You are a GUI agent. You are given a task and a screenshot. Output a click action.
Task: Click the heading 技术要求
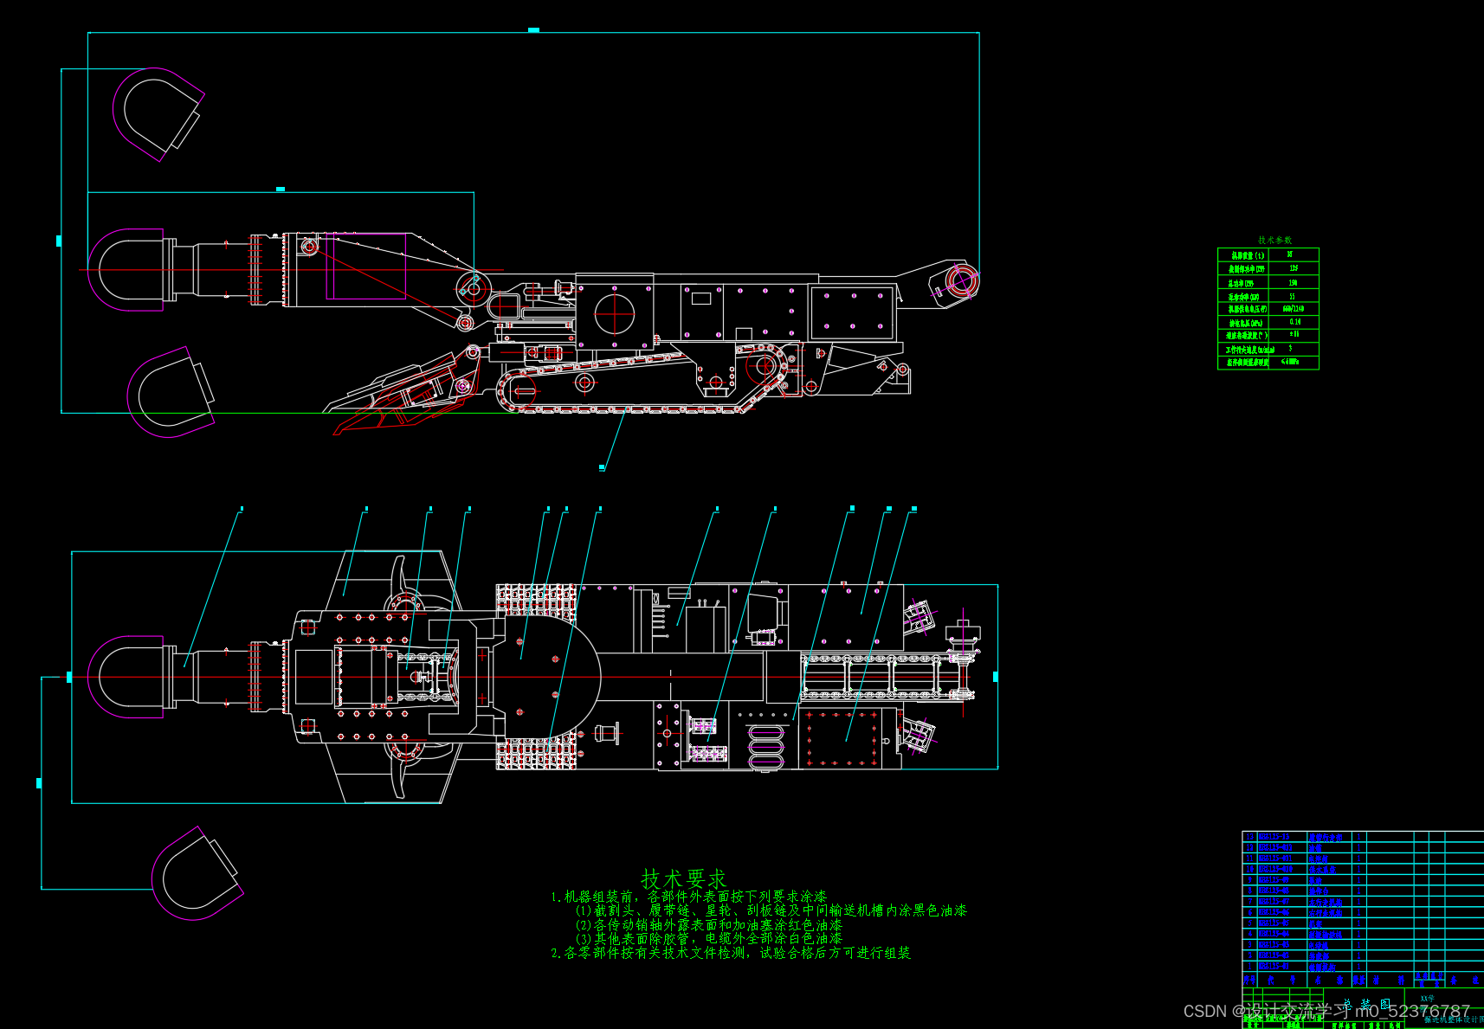(683, 879)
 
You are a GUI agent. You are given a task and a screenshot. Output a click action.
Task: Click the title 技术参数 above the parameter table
(1274, 240)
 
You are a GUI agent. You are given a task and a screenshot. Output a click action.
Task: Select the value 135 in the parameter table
(1294, 268)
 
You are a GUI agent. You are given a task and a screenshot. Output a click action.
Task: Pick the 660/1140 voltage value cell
(1294, 308)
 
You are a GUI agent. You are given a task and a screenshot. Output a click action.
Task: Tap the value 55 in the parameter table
(1293, 296)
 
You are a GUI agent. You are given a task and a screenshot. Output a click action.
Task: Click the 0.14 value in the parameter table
(1294, 322)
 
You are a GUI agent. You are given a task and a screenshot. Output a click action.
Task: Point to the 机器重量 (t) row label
(1248, 255)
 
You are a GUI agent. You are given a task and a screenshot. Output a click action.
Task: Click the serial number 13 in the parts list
(1249, 837)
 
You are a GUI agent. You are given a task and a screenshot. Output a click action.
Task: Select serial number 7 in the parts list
(1249, 902)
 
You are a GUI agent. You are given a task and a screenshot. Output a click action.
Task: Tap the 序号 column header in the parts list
(1249, 981)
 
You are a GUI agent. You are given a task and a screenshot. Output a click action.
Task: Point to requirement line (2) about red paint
(708, 924)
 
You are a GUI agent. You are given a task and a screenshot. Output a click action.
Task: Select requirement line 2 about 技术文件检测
(730, 953)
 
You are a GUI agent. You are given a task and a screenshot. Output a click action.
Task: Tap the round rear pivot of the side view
(961, 281)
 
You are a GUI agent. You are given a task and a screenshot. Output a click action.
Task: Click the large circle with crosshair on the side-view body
(614, 314)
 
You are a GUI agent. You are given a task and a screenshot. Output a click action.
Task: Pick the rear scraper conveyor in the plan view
(887, 677)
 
